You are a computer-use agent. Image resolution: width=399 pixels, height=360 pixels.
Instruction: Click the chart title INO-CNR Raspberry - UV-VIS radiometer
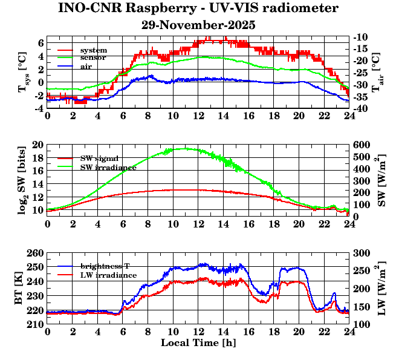click(x=198, y=8)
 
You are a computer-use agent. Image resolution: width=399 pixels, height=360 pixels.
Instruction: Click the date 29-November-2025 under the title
click(x=198, y=25)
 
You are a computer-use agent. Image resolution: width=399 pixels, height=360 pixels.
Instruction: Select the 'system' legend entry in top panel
click(x=93, y=50)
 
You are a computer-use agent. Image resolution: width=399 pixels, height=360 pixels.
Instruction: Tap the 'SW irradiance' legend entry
click(x=108, y=166)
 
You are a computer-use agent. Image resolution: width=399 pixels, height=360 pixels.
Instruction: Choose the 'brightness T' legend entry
click(x=108, y=266)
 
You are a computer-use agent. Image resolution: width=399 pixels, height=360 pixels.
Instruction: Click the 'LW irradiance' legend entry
click(x=108, y=275)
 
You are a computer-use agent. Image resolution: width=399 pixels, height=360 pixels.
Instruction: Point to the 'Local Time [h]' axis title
click(x=198, y=343)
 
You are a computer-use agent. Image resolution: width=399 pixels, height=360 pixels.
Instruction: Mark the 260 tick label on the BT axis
click(x=36, y=253)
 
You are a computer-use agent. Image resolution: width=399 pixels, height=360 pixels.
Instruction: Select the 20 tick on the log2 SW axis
click(x=38, y=145)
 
